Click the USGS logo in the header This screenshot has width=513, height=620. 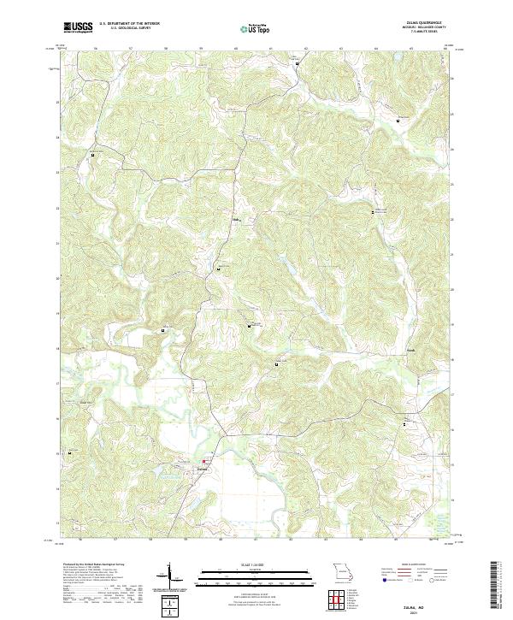78,28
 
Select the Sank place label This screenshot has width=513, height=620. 410,350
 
